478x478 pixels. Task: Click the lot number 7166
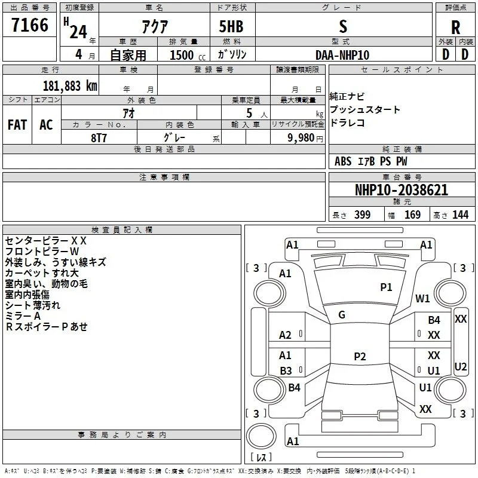pos(30,25)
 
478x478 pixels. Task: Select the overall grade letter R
pos(455,27)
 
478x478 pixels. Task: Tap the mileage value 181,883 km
pos(70,86)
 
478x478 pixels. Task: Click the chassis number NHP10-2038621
pos(402,190)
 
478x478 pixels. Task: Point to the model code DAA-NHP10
pos(342,55)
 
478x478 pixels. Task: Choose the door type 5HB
pos(231,26)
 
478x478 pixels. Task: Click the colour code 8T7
pos(99,138)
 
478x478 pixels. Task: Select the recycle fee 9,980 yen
pos(305,138)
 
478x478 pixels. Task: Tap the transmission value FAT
pos(17,125)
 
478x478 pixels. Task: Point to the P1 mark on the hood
pos(386,287)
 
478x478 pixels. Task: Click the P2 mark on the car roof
pos(360,356)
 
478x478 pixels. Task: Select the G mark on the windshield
pos(342,315)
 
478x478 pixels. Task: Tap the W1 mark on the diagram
pos(422,298)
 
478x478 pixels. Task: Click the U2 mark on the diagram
pos(460,366)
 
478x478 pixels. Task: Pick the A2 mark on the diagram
pos(285,335)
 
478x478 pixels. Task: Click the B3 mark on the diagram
pos(286,370)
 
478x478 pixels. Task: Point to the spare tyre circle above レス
pos(261,436)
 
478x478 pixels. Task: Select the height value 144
pos(460,215)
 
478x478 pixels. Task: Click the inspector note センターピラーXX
pos(46,241)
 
